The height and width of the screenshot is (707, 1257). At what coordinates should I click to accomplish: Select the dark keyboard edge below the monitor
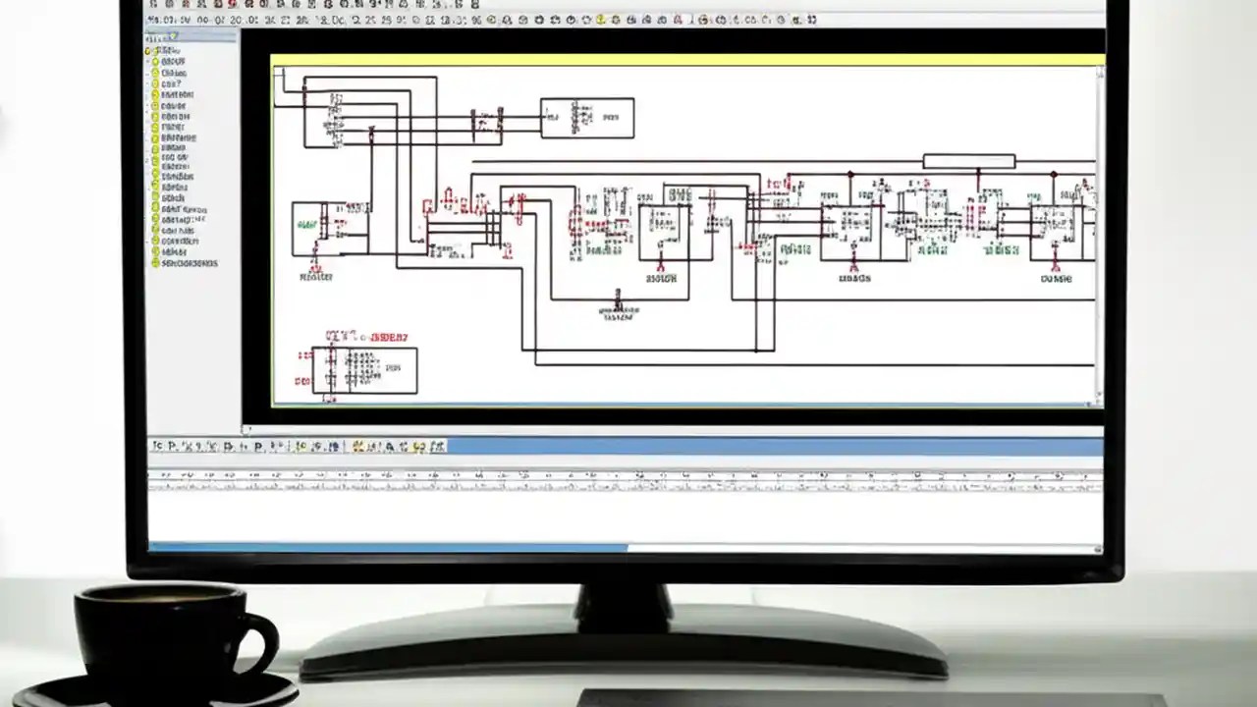coord(864,698)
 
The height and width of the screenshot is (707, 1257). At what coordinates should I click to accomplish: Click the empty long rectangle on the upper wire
coord(968,161)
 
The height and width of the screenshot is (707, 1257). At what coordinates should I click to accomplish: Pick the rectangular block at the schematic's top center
coord(586,118)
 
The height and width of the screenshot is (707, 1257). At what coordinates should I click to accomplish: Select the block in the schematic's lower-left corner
coord(364,370)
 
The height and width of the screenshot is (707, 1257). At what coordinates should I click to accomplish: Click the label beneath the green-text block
coord(315,277)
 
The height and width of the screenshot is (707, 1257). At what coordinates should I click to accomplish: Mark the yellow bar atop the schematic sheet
coord(687,60)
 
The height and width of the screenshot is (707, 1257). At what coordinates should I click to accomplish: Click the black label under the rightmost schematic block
coord(1055,278)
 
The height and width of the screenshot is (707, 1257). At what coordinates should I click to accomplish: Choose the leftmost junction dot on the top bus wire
coord(850,174)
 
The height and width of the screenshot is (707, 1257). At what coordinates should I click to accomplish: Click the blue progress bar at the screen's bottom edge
coord(388,548)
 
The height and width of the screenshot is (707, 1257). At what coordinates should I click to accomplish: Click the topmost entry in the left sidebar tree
coord(167,50)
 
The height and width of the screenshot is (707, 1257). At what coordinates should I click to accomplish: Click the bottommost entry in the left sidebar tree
coord(189,263)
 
